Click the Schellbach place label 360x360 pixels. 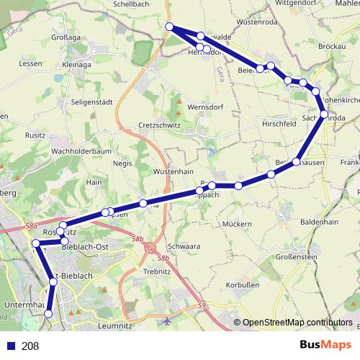(131, 4)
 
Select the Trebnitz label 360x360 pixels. (156, 271)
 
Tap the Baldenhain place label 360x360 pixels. (318, 222)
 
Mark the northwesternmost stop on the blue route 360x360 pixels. (170, 27)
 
